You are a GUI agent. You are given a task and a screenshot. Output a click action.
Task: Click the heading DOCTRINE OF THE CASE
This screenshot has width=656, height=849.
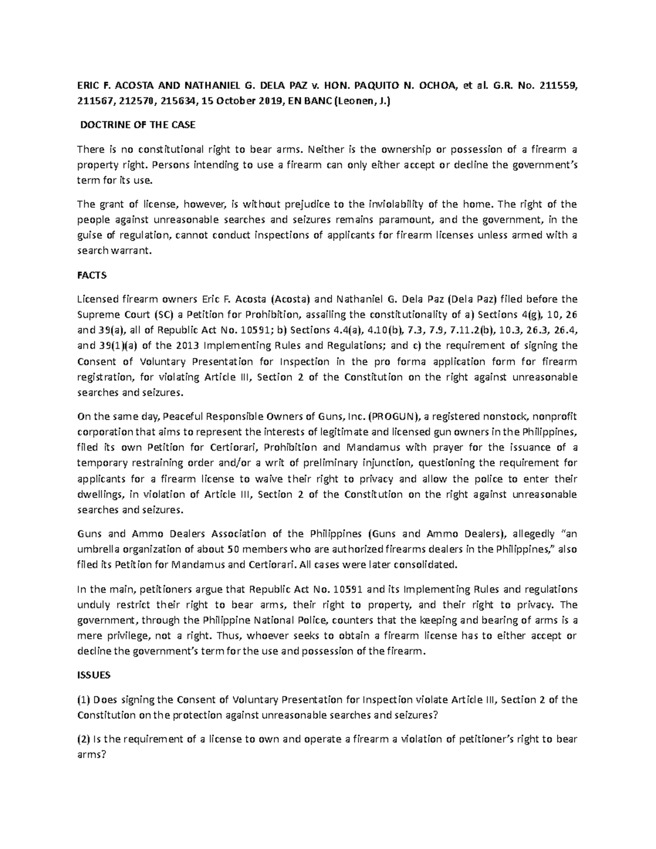click(x=138, y=125)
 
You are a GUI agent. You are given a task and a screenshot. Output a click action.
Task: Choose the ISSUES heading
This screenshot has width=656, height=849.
click(x=93, y=675)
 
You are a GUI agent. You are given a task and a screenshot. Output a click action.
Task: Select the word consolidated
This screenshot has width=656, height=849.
click(x=428, y=565)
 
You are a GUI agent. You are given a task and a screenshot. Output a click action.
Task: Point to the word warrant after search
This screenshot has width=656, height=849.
click(x=130, y=251)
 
